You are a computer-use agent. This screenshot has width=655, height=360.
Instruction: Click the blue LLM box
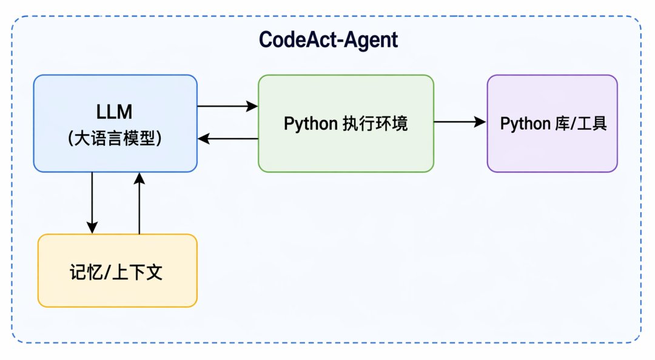tap(115, 124)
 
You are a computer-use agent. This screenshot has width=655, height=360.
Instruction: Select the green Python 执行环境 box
tap(346, 124)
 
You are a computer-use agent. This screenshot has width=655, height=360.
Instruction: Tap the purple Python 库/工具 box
tap(553, 124)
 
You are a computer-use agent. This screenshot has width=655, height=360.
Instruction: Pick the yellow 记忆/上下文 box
tap(118, 271)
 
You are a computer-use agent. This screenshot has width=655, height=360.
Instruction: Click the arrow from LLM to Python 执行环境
tap(227, 106)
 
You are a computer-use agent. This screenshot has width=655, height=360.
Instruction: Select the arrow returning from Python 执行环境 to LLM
tap(227, 139)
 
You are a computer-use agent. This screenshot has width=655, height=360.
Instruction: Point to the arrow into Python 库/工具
tap(460, 122)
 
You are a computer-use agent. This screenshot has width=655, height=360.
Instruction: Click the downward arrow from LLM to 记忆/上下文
tap(92, 203)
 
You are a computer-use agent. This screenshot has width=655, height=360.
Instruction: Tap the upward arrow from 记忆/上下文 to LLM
tap(139, 203)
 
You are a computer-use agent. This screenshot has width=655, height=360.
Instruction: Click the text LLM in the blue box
tap(115, 112)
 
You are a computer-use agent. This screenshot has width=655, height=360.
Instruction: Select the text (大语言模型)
tap(115, 138)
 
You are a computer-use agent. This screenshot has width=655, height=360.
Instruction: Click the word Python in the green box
tap(311, 124)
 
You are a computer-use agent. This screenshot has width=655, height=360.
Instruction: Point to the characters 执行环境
tap(375, 124)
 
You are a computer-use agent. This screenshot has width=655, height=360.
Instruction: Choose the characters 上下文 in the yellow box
tap(138, 272)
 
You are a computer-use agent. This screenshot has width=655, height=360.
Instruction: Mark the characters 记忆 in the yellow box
tap(86, 272)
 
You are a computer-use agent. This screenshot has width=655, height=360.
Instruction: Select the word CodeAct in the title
tap(298, 40)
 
